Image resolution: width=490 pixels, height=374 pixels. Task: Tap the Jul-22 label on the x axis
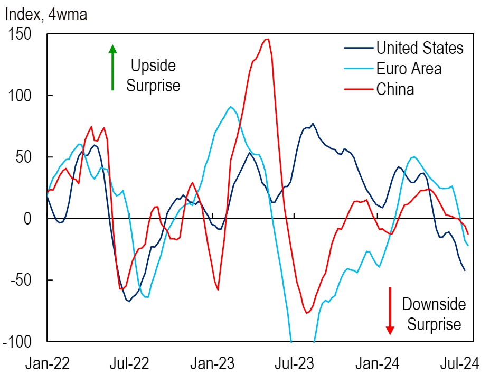(x=129, y=363)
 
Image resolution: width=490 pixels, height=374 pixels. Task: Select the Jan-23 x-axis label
(x=212, y=363)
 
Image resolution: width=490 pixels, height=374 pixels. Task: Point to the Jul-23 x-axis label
(x=294, y=363)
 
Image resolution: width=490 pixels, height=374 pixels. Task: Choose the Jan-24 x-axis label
(x=377, y=363)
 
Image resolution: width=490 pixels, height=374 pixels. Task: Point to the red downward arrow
(x=390, y=311)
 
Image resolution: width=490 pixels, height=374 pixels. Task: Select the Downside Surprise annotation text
(x=434, y=314)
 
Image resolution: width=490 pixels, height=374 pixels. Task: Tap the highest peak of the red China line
(x=267, y=39)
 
